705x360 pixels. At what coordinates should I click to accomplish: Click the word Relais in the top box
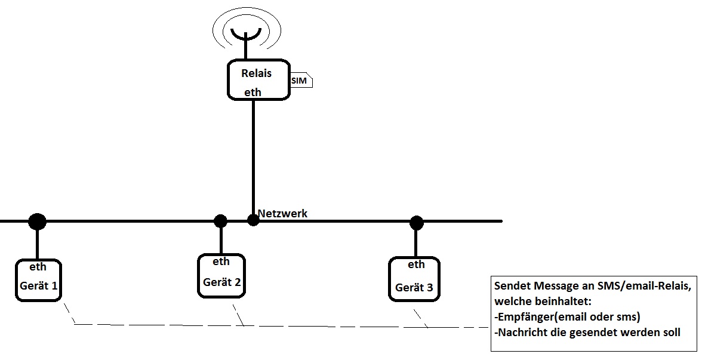[256, 73]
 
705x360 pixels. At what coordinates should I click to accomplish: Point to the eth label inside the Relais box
[253, 92]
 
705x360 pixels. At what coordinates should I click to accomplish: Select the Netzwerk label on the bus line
[282, 213]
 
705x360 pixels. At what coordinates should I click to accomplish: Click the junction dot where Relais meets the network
[253, 220]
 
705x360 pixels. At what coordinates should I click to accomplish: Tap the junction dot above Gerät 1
[37, 221]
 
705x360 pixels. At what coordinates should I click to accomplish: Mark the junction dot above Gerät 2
[220, 221]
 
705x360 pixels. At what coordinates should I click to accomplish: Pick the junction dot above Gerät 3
[416, 223]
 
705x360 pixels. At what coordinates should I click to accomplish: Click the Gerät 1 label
[39, 285]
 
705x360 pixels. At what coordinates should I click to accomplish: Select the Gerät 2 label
[221, 282]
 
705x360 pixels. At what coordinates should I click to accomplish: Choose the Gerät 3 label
[414, 288]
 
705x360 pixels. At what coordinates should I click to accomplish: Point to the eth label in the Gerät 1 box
[38, 267]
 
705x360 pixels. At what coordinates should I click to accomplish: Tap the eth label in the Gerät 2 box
[221, 261]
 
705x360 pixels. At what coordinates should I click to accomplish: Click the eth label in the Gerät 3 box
[416, 264]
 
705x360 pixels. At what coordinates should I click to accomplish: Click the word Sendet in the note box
[512, 287]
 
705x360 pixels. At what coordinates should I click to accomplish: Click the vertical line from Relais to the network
[253, 155]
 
